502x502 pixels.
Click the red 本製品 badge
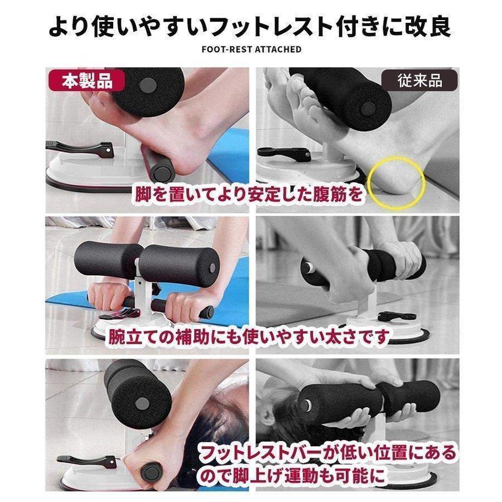point(86,80)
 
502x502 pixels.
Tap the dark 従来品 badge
point(419,80)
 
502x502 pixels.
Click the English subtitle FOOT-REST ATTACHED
point(252,49)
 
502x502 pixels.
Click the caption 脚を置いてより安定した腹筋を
point(249,194)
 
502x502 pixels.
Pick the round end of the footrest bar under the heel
point(163,173)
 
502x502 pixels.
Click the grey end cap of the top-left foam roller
point(148,86)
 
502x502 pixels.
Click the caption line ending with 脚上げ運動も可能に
point(291,475)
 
